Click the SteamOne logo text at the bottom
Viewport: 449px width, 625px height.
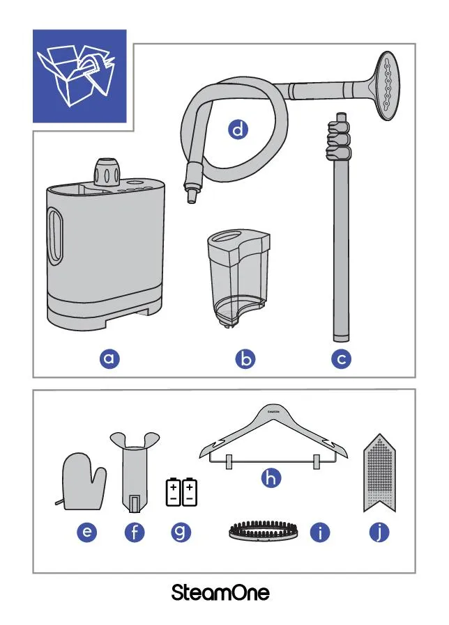[x=220, y=593]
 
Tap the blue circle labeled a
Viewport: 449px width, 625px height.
[x=109, y=358]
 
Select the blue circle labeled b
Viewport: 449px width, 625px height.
[x=245, y=358]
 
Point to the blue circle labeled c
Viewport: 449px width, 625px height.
[x=342, y=358]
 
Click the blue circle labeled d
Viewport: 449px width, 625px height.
[x=238, y=129]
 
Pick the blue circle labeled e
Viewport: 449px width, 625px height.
[x=87, y=532]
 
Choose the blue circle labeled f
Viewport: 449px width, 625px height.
[x=135, y=532]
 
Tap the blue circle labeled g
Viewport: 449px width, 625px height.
[x=181, y=532]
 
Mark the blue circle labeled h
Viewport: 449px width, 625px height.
[x=271, y=477]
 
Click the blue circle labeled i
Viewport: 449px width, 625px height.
[x=321, y=532]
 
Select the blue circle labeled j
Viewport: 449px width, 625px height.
[x=379, y=532]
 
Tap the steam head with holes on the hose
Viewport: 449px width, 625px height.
[x=385, y=86]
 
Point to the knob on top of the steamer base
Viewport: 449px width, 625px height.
[x=107, y=172]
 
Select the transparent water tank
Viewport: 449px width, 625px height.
[x=238, y=278]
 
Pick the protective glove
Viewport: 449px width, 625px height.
[x=83, y=482]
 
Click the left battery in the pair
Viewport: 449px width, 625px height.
[x=174, y=492]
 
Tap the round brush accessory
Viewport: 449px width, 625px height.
[x=264, y=530]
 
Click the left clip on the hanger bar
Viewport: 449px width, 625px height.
[x=229, y=461]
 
